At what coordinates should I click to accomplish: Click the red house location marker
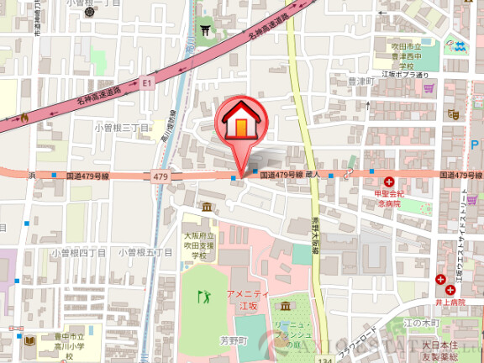point(240,126)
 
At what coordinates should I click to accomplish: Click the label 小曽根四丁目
point(77,252)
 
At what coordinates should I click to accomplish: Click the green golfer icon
point(203,296)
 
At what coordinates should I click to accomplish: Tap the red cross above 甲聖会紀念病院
point(389,181)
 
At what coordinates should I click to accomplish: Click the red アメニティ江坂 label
point(245,298)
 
